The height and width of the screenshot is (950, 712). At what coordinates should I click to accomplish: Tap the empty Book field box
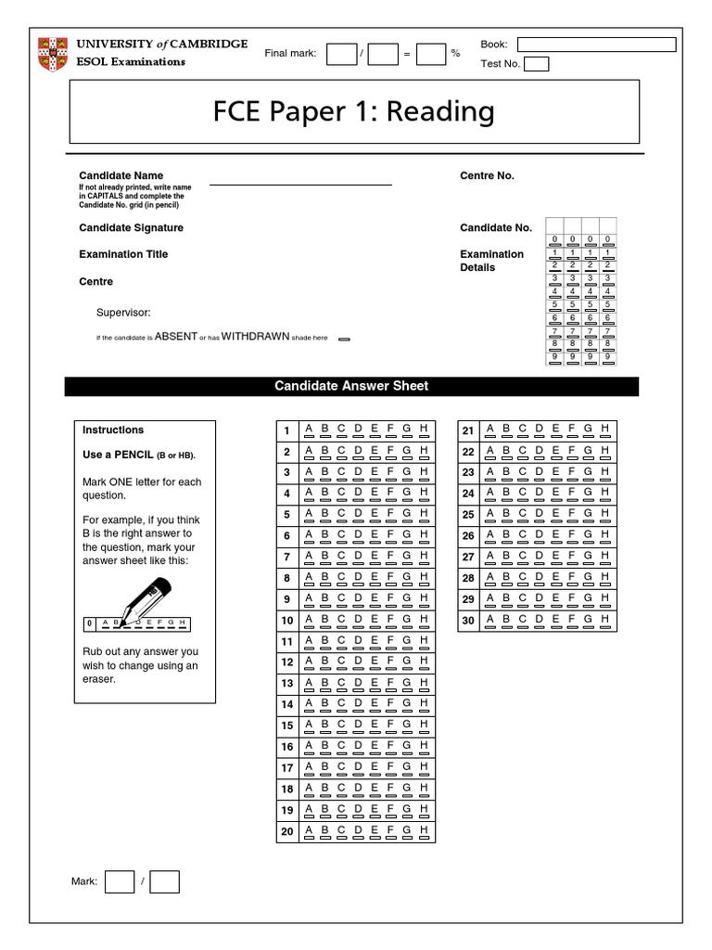596,45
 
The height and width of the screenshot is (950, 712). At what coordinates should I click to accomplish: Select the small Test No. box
537,64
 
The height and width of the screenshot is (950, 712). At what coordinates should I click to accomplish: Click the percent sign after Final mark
455,54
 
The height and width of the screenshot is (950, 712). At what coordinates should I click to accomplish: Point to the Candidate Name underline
300,185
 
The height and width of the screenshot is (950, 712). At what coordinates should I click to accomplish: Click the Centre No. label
487,175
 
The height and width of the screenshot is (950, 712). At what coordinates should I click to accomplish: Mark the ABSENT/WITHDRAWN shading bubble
344,340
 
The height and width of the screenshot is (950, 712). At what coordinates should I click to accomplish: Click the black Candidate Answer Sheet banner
351,386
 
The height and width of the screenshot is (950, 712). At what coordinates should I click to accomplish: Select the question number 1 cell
286,430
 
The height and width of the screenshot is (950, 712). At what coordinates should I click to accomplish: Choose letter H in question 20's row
424,831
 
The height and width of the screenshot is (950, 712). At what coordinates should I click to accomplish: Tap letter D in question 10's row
357,620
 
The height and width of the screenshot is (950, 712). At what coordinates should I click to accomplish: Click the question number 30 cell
468,620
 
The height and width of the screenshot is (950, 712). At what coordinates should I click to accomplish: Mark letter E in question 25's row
555,514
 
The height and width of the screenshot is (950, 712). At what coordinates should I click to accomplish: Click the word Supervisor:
123,314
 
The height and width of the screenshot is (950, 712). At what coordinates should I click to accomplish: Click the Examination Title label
123,254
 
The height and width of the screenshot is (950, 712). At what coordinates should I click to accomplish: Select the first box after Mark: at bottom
120,881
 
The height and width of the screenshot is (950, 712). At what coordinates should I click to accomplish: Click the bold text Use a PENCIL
118,456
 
